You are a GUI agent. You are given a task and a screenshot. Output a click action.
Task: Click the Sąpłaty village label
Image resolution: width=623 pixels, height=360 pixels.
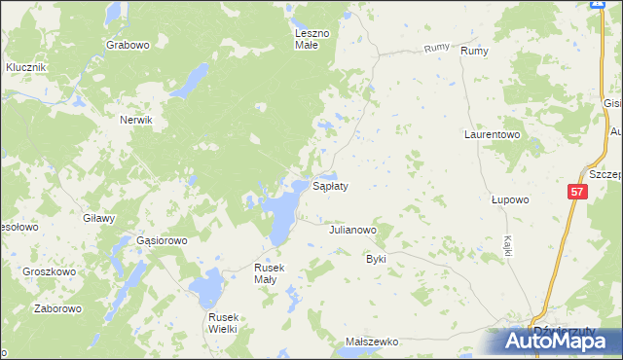point(330,185)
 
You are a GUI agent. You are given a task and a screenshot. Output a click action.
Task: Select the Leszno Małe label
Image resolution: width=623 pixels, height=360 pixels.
point(314,39)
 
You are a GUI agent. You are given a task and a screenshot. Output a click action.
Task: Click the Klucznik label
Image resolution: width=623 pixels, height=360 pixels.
point(26,67)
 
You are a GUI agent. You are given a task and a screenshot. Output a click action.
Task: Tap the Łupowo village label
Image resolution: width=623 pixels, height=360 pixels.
point(509,199)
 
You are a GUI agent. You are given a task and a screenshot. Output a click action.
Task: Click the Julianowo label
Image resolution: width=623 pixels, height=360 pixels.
point(352,231)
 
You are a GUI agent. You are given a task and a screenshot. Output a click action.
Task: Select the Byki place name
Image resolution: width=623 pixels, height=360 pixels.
point(376,260)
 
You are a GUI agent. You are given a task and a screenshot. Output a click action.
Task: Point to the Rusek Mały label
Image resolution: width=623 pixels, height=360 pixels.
point(267,273)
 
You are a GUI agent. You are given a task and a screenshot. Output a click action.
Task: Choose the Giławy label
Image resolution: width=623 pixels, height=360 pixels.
point(100,218)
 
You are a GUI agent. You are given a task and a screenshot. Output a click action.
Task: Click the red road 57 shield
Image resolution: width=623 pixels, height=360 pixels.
point(578,194)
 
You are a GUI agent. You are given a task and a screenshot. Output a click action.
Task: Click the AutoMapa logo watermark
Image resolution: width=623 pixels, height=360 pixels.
point(555,341)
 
